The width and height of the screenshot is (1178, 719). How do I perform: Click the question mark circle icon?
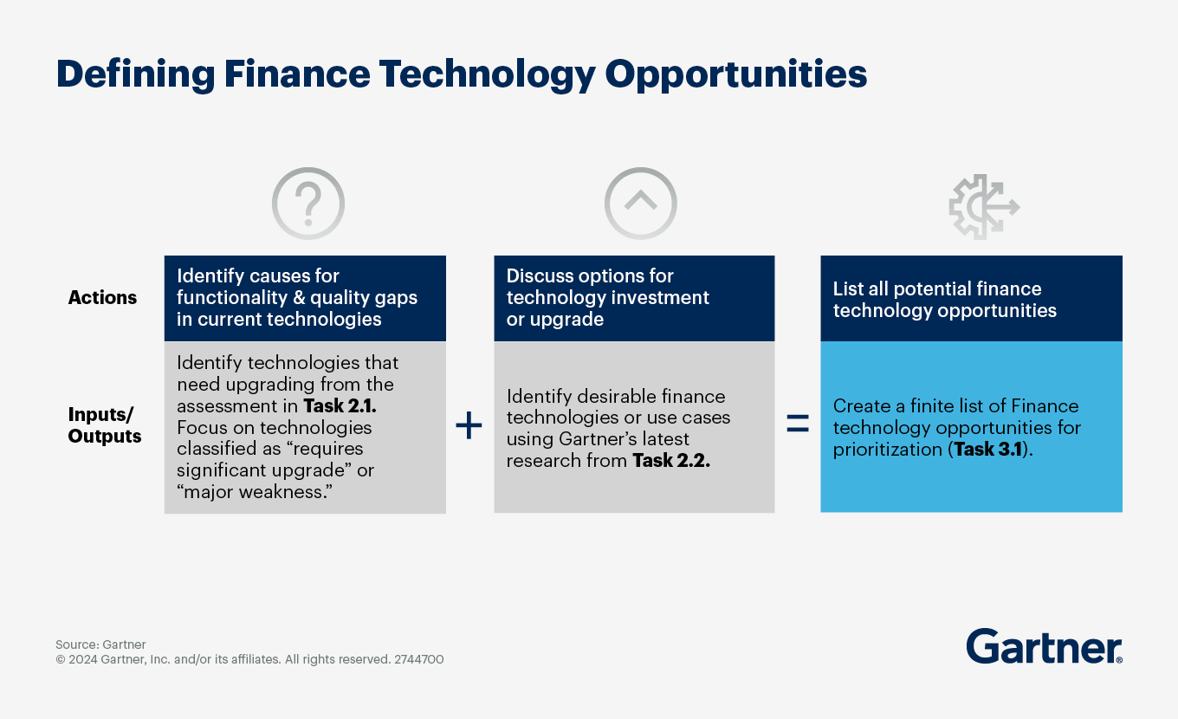point(308,204)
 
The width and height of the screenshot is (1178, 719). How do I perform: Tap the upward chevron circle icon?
point(640,204)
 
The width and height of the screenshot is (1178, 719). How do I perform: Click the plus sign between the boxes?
point(469,425)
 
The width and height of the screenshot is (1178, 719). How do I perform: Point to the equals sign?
point(798,424)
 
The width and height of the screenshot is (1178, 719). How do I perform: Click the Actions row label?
point(102,297)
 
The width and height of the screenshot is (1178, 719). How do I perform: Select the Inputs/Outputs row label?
point(105,424)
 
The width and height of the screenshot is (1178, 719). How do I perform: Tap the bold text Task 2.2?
point(671,460)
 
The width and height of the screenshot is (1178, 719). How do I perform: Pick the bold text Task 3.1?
point(987,449)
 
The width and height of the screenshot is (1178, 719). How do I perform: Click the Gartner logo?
point(1044,646)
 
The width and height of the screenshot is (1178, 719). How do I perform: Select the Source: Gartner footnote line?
point(100,645)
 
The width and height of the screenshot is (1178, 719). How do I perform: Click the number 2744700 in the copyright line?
point(419,659)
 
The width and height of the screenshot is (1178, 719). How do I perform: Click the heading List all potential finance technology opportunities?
point(944,299)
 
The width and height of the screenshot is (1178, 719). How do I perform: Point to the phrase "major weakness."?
point(255,491)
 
